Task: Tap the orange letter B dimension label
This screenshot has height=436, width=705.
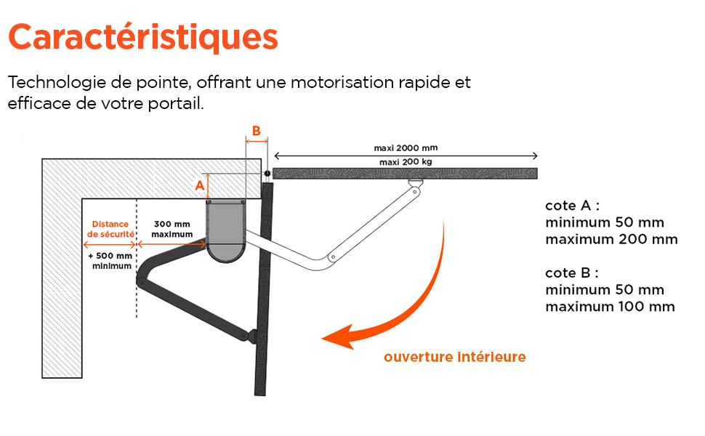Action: click(x=256, y=131)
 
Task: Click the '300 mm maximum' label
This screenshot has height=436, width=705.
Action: click(x=172, y=230)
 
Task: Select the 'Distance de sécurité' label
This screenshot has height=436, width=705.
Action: click(x=110, y=230)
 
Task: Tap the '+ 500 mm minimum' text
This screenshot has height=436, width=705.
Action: click(x=110, y=261)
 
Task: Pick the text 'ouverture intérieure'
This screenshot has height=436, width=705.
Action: click(x=454, y=358)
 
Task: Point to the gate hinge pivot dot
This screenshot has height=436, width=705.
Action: click(x=267, y=174)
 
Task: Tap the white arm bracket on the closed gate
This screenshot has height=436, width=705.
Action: click(x=416, y=185)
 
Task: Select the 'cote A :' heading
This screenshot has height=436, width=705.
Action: click(x=572, y=206)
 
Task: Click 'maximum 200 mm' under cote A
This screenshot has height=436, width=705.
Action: click(x=611, y=239)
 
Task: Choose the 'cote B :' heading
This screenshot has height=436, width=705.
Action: click(x=572, y=273)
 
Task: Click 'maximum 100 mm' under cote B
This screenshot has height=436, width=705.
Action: click(x=610, y=307)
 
